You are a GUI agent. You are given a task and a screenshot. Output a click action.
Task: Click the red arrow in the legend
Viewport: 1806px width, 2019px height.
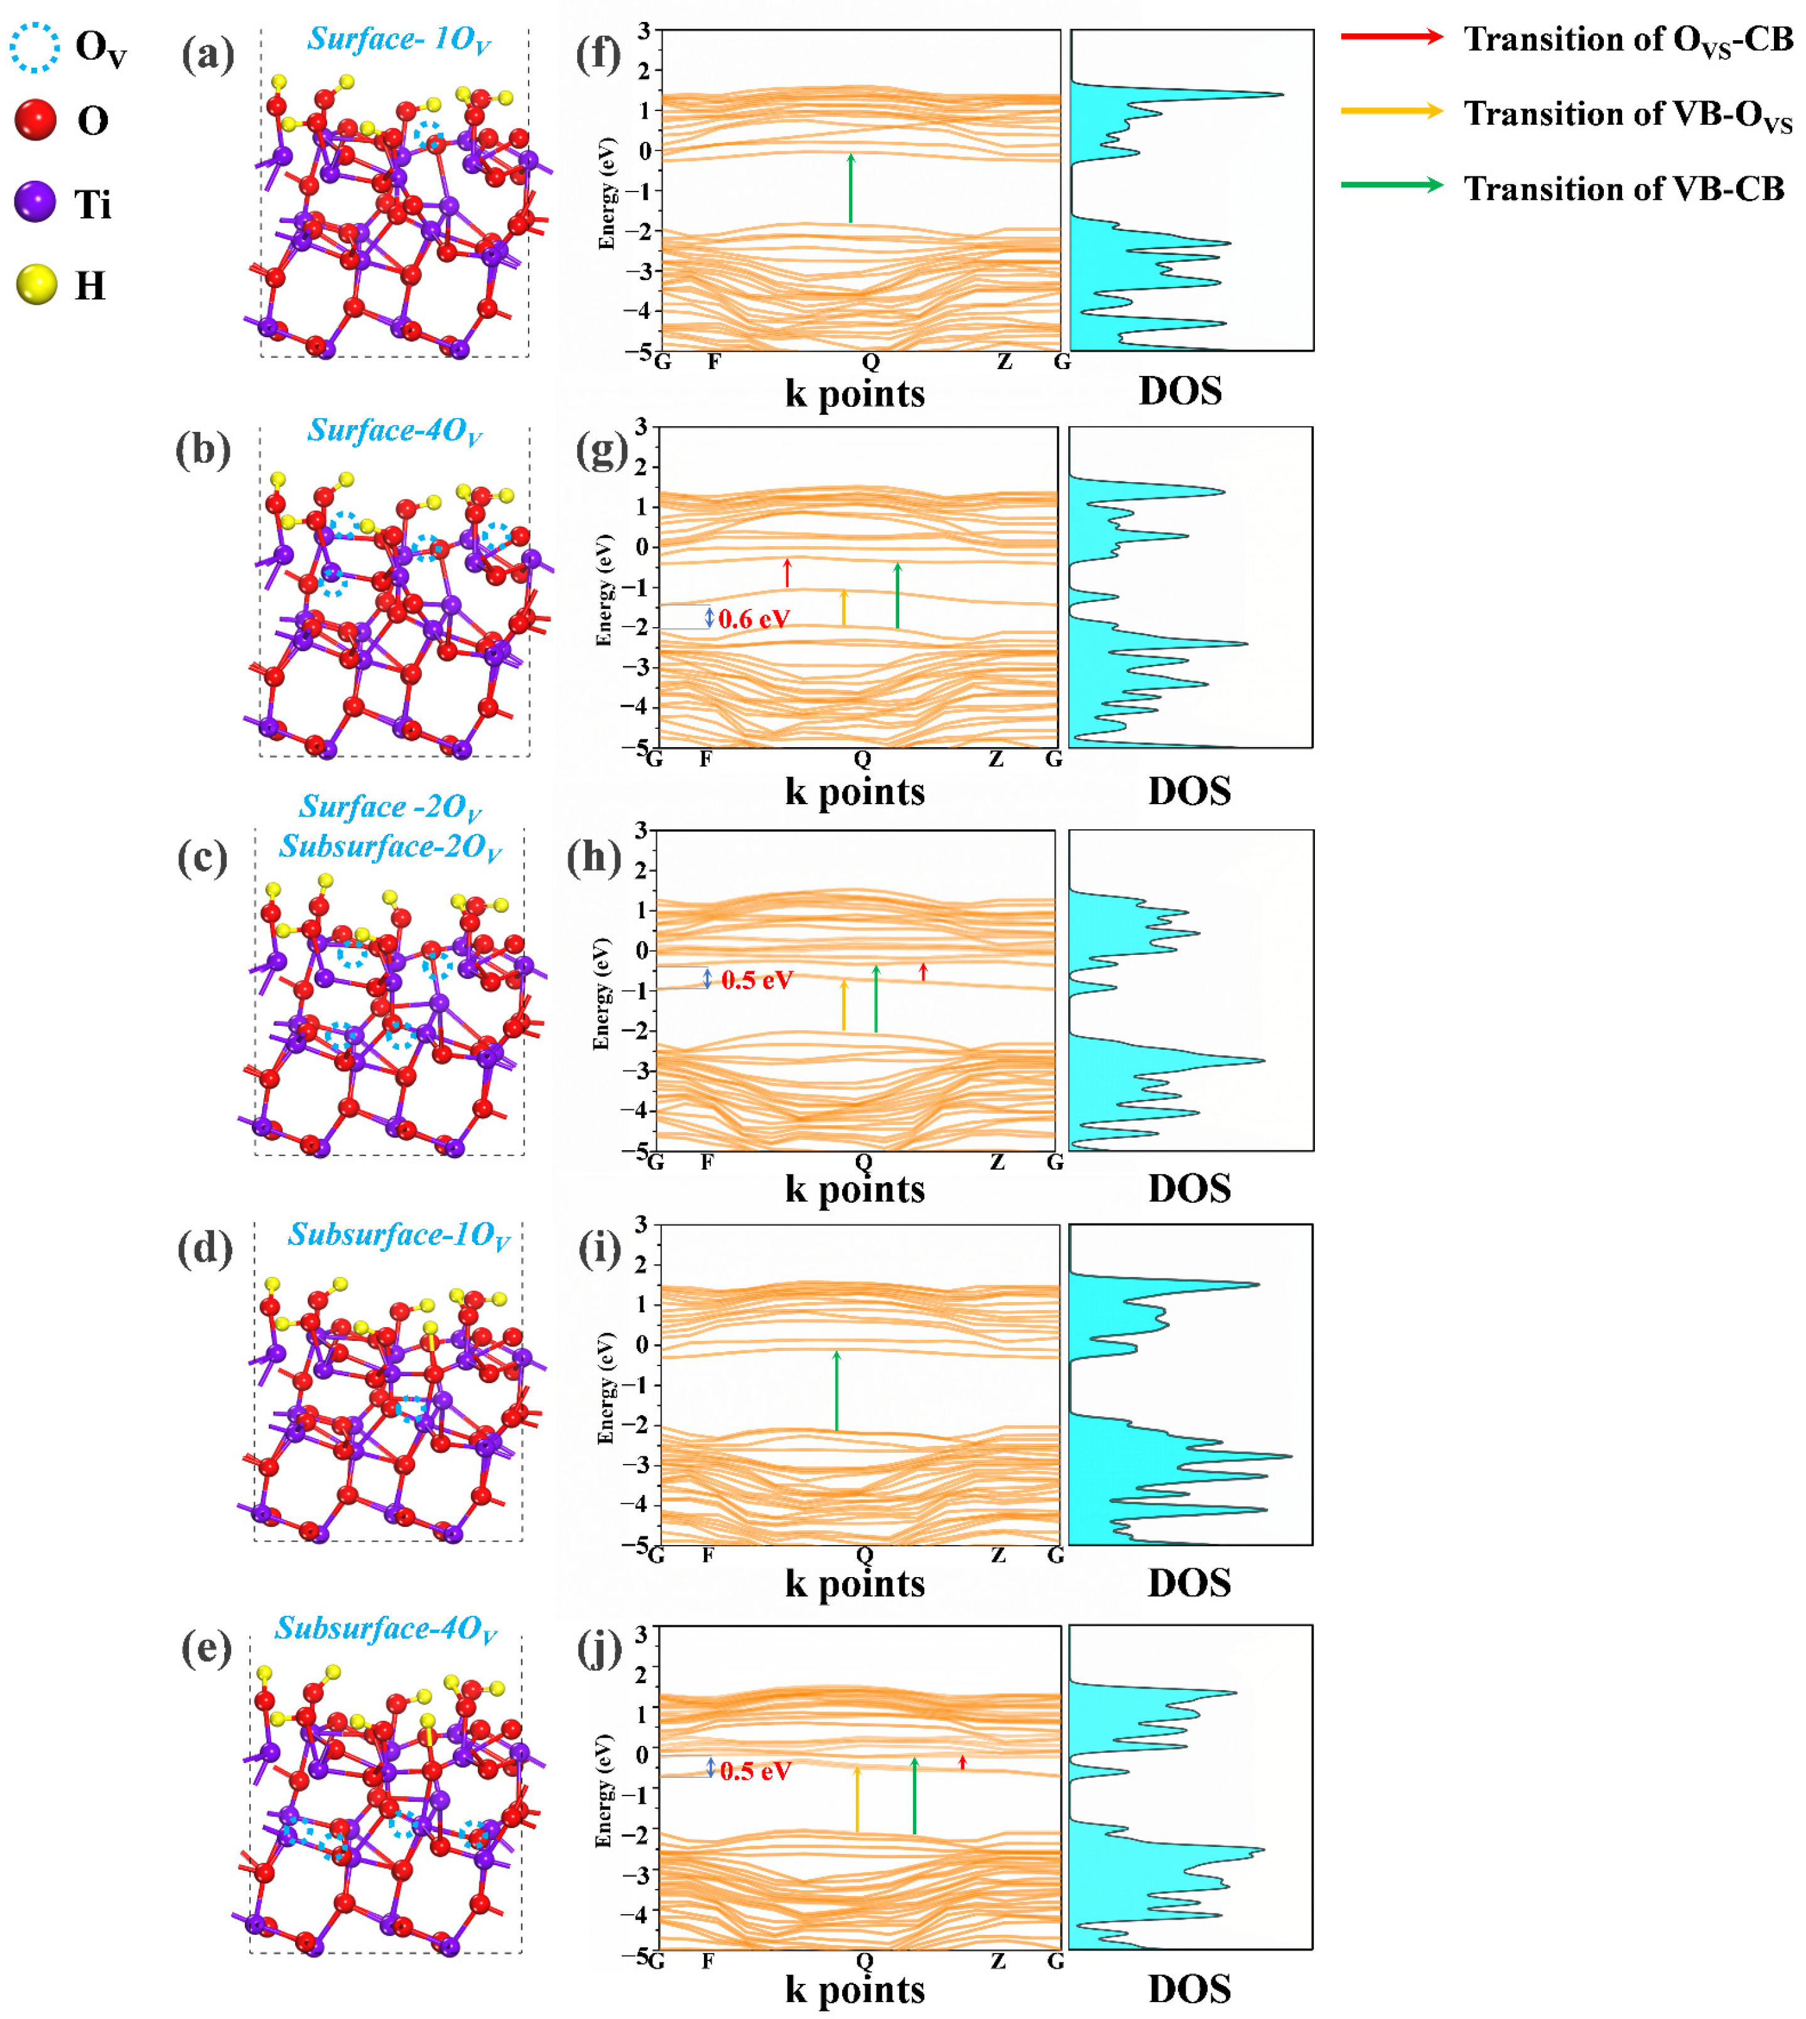pos(1390,36)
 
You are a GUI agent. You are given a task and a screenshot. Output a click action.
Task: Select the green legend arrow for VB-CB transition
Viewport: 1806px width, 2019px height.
pos(1390,185)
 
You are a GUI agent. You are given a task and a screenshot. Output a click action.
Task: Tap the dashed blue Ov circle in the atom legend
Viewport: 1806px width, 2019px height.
pos(35,48)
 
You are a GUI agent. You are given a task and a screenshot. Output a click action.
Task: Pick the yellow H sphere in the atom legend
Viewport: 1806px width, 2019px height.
pos(36,285)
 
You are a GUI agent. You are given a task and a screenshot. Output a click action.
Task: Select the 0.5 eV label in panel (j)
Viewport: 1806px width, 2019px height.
pos(755,1771)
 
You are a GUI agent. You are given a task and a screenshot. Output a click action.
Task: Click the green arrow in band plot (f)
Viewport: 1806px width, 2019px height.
pos(850,188)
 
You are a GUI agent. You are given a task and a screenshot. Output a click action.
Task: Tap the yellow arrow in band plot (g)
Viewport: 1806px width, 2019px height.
pos(843,607)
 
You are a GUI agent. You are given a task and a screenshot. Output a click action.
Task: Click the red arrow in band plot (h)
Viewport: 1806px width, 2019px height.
pos(923,971)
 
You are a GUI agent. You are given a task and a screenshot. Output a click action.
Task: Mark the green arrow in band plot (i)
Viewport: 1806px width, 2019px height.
pos(836,1389)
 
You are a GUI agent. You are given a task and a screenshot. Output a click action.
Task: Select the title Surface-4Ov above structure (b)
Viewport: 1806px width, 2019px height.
pos(394,431)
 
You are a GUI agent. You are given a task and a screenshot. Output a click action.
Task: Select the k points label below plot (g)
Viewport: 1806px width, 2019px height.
pos(855,792)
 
